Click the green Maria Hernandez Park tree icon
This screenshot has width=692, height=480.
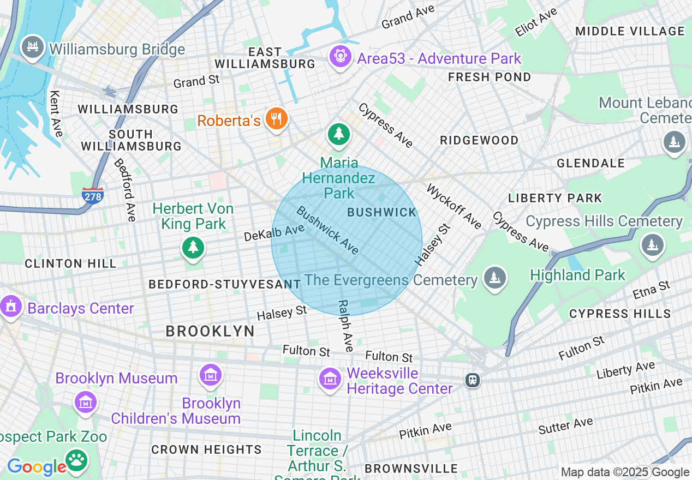[x=338, y=134]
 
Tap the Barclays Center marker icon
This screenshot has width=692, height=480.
[x=10, y=307]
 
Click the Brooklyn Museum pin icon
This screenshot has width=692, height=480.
[x=210, y=376]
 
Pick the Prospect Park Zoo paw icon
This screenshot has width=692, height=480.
[x=77, y=459]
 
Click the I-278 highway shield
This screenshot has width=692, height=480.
[x=93, y=195]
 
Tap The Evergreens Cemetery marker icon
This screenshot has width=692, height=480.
[x=494, y=279]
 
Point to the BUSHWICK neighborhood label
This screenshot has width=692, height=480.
[x=382, y=212]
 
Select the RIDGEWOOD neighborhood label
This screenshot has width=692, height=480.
[x=479, y=140]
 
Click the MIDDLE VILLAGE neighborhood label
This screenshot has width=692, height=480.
[x=630, y=31]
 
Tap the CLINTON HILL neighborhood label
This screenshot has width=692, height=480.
[x=70, y=263]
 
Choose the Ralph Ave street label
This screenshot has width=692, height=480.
[x=345, y=326]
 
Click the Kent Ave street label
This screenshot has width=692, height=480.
[x=56, y=113]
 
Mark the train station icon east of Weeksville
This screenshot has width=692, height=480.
[x=473, y=380]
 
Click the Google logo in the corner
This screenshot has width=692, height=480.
[x=37, y=467]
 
